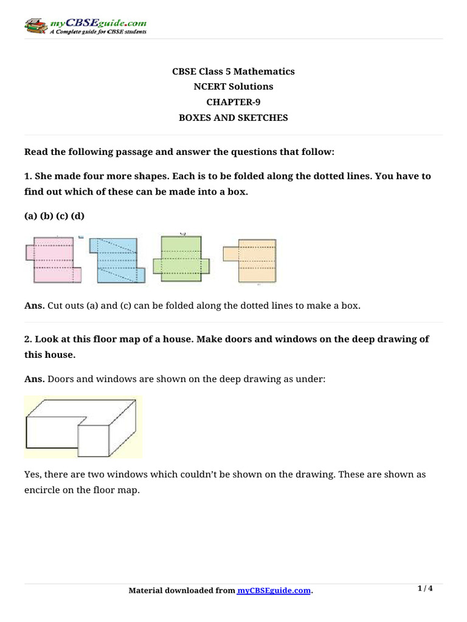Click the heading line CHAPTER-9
pyautogui.click(x=233, y=102)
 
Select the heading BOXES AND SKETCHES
pyautogui.click(x=233, y=118)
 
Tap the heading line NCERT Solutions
pyautogui.click(x=233, y=86)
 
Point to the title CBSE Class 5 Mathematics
pyautogui.click(x=233, y=71)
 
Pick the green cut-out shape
pyautogui.click(x=181, y=258)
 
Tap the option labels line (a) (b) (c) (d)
pyautogui.click(x=54, y=216)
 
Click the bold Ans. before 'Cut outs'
pyautogui.click(x=33, y=306)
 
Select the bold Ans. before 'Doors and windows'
pyautogui.click(x=33, y=379)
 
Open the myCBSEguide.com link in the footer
pyautogui.click(x=274, y=590)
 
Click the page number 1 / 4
pyautogui.click(x=425, y=589)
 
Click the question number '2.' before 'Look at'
pyautogui.click(x=28, y=339)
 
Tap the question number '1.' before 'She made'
pyautogui.click(x=28, y=176)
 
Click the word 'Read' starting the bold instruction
pyautogui.click(x=35, y=151)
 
